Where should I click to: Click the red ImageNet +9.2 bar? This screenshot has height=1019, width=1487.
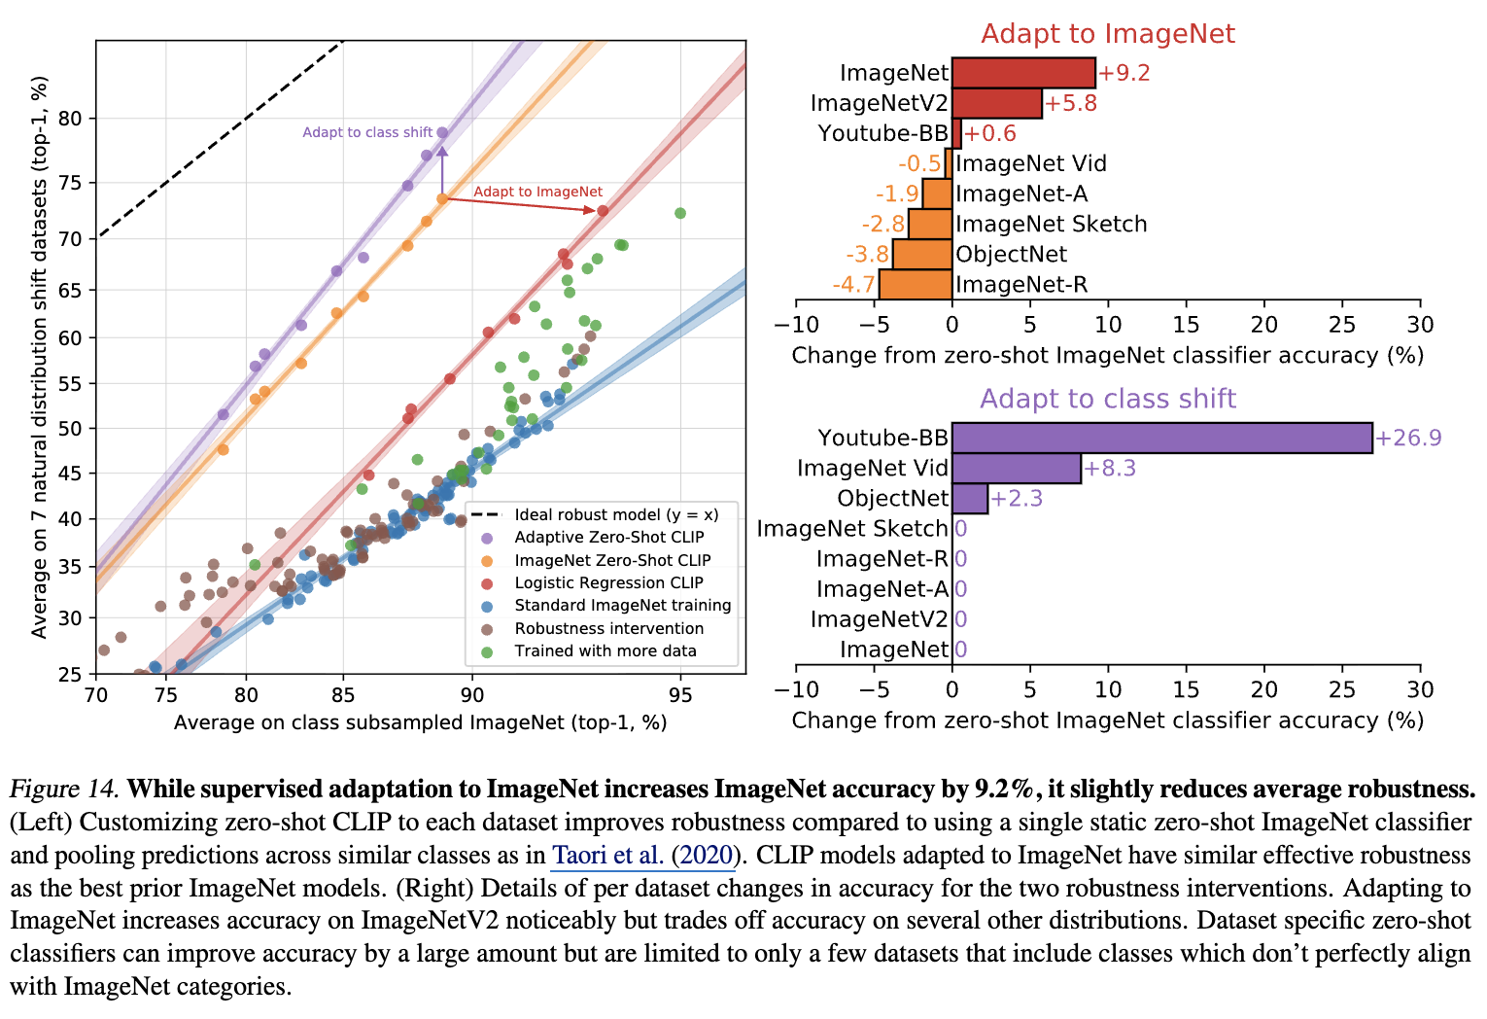1023,73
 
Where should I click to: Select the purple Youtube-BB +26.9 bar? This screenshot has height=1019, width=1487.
1161,438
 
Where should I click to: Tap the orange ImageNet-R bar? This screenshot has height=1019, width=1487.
916,284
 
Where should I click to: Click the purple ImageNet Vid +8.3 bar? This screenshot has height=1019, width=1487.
1016,468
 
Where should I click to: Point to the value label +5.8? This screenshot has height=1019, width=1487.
1071,103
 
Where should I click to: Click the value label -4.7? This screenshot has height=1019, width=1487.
853,285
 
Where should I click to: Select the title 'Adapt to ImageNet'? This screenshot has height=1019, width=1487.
1107,34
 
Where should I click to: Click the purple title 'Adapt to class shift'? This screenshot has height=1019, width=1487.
1107,399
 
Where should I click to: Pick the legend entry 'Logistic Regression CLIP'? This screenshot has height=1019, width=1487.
608,582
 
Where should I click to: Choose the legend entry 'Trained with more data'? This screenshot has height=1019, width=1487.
605,650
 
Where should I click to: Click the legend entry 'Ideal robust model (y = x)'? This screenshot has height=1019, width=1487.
616,514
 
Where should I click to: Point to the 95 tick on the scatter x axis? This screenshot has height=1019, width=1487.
680,694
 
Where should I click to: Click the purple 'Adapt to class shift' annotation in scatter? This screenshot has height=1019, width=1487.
367,132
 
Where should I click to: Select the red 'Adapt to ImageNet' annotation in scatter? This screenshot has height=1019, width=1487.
537,192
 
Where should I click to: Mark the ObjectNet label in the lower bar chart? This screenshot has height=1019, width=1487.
892,498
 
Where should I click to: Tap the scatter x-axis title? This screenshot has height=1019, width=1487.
420,722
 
